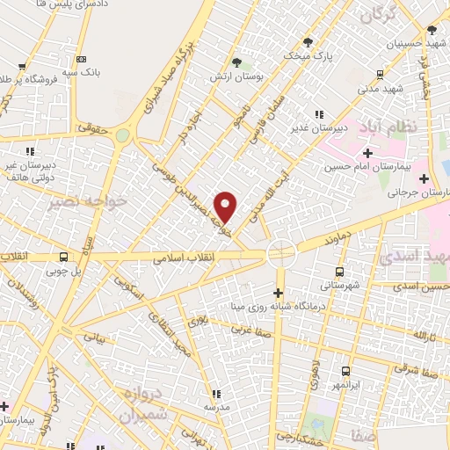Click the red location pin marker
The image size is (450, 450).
click(226, 206)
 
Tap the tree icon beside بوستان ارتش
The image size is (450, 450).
click(236, 62)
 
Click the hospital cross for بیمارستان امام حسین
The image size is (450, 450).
click(367, 153)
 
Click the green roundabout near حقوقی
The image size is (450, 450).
click(122, 135)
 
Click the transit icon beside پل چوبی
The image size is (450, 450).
click(62, 258)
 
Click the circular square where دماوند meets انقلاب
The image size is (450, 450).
click(281, 251)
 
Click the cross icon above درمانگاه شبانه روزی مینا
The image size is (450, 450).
click(279, 293)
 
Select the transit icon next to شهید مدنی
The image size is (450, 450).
click(379, 75)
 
